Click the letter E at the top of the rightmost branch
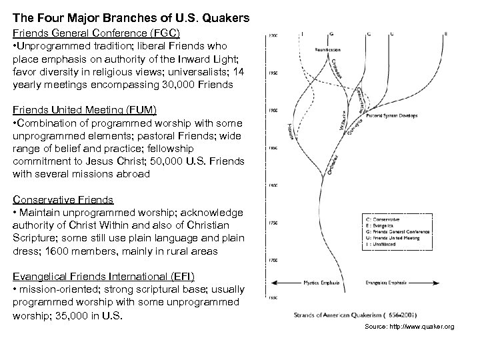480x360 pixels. point(445,34)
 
